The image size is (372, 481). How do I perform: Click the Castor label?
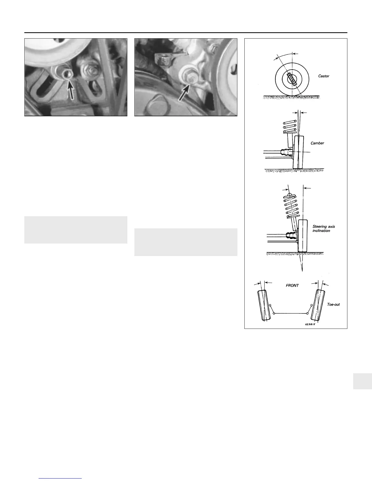click(x=323, y=76)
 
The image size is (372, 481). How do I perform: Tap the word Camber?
click(x=317, y=143)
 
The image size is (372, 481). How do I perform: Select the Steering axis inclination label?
click(x=323, y=228)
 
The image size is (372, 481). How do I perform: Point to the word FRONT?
click(x=292, y=285)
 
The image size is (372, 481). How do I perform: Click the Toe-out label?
click(x=333, y=304)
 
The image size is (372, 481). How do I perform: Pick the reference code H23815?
click(x=310, y=324)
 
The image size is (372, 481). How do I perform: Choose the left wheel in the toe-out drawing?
click(x=264, y=305)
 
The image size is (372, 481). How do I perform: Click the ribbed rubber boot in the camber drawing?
click(x=287, y=153)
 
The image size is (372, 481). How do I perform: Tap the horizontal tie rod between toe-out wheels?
click(x=291, y=313)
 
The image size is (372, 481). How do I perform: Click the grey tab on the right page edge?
click(x=363, y=381)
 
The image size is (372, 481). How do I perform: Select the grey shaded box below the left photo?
click(x=76, y=230)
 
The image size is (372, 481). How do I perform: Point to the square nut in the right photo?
click(x=163, y=59)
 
